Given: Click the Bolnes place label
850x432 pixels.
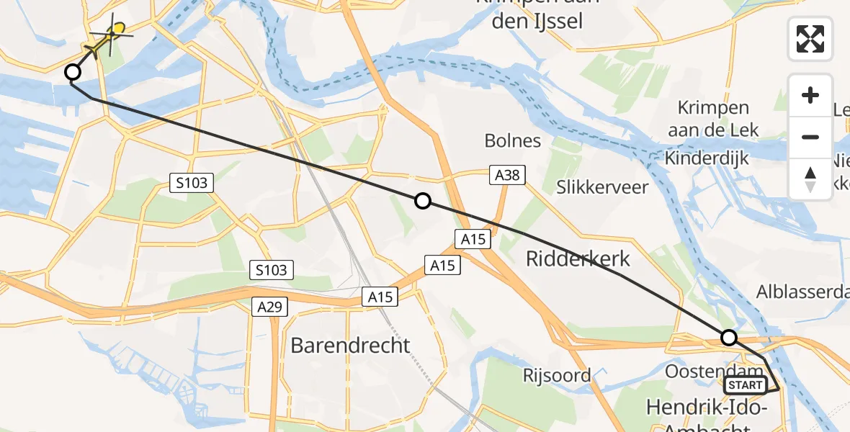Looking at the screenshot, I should click(x=513, y=140).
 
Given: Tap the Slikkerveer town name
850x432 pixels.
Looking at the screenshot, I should click(x=602, y=188).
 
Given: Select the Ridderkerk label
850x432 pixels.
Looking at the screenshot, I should click(x=578, y=259).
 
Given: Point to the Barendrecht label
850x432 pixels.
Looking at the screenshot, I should click(x=350, y=346).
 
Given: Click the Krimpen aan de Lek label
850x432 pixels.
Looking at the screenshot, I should click(x=713, y=120).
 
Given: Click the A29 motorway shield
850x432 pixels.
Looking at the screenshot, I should click(x=271, y=307).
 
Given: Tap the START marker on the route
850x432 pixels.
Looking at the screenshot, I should click(x=745, y=385).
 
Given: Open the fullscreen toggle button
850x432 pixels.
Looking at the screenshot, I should click(x=810, y=38).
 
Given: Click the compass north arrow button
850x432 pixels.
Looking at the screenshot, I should click(x=810, y=179).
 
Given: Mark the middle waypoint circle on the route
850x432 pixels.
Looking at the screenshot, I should click(x=423, y=202).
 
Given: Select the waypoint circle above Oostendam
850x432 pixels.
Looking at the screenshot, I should click(x=729, y=337).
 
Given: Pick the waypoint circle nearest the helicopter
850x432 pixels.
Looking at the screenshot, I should click(x=73, y=72).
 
